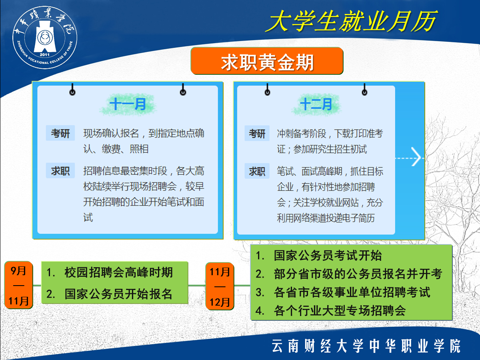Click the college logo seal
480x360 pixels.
tap(45, 37)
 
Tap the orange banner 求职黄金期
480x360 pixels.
tap(267, 61)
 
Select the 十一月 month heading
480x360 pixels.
tap(128, 104)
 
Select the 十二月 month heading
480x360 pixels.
tap(316, 104)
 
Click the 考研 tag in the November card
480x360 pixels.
tap(60, 133)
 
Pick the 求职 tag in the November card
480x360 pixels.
tap(60, 170)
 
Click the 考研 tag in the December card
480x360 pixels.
tap(257, 133)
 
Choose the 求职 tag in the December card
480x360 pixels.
tap(257, 171)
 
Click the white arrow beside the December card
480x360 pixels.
tap(416, 157)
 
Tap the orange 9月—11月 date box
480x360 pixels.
tap(18, 285)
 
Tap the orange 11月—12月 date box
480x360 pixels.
tap(220, 286)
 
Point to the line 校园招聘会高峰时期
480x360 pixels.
tap(118, 272)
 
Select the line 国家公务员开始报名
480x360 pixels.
tap(118, 294)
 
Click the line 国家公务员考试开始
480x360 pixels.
tap(328, 255)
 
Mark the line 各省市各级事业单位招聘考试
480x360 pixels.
tap(352, 292)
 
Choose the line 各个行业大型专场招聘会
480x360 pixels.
tap(340, 310)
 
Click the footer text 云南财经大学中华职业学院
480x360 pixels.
tap(366, 346)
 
